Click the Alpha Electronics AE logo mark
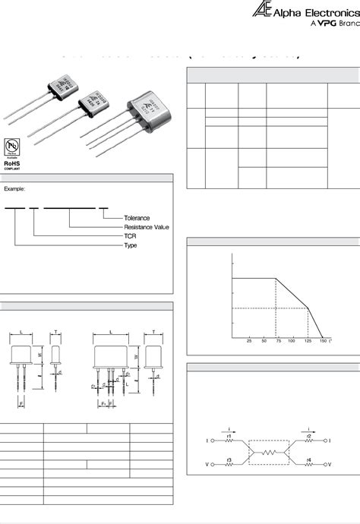(261, 9)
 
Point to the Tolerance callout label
(137, 218)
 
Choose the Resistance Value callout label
(147, 227)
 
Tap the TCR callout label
(130, 236)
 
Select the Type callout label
(131, 245)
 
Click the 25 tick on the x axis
(249, 341)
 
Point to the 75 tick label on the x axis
(279, 341)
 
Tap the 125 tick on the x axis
(308, 341)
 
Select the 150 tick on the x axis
(323, 341)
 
